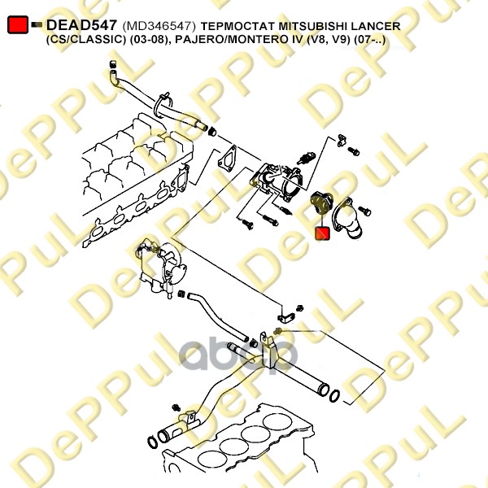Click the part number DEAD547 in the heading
tap(81, 25)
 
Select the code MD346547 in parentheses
tap(159, 26)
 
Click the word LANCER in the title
tap(376, 26)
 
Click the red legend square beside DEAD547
tap(18, 24)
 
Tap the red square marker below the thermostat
tap(322, 233)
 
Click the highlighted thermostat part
tap(322, 203)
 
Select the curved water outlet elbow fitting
tap(349, 219)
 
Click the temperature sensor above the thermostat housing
tap(306, 158)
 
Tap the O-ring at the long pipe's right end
tap(335, 395)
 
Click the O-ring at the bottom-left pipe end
tap(152, 442)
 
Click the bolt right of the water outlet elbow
tap(364, 211)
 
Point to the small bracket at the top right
tap(342, 140)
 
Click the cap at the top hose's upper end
tap(113, 64)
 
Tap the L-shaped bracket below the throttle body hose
tap(285, 317)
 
